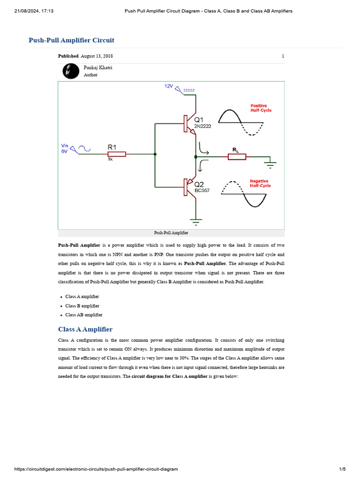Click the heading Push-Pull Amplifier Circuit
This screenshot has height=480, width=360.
(71, 40)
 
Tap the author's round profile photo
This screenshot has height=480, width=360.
(71, 71)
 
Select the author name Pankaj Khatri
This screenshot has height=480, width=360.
(98, 67)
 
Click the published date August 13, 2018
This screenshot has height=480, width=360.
(97, 56)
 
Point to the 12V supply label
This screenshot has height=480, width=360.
(169, 87)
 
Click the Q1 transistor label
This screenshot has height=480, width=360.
(199, 120)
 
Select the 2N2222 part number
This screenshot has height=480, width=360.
(202, 126)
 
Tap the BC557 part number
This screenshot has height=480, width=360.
(202, 190)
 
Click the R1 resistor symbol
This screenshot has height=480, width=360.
(116, 154)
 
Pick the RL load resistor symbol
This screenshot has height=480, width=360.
(237, 157)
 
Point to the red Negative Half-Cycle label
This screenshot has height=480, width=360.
(260, 183)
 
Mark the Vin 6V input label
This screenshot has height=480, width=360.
(64, 149)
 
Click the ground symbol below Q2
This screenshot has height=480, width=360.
(195, 220)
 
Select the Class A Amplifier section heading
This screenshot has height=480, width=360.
(85, 330)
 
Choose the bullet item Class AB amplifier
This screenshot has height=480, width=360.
(83, 315)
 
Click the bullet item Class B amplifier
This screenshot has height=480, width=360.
(82, 306)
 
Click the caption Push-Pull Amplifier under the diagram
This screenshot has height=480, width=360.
(171, 232)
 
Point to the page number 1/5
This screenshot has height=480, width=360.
(342, 469)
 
